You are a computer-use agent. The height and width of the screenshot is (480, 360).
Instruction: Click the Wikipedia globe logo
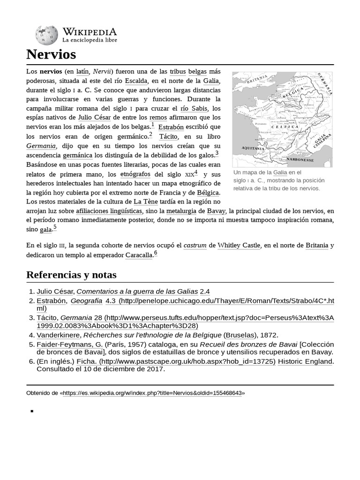coord(46,35)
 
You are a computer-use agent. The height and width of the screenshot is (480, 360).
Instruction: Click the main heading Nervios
coord(51,54)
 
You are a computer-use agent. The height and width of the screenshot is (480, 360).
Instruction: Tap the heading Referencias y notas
coord(71,275)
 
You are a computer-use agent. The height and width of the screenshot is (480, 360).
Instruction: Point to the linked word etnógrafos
coord(135,174)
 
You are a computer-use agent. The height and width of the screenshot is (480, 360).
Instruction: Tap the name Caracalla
coord(139,255)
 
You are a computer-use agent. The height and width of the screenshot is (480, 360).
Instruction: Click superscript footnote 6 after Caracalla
coord(156,253)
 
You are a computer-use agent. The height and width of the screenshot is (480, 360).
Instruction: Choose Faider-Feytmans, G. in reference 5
coord(69,344)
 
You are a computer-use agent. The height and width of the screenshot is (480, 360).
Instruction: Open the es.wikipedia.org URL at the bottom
coord(152,393)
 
